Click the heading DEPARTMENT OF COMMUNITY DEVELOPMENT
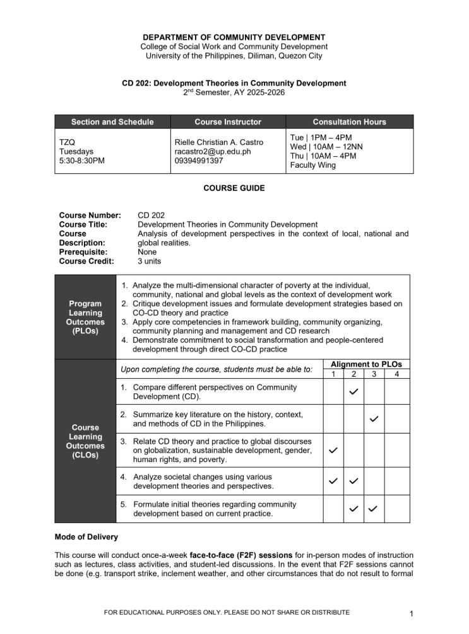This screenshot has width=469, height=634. pos(234,37)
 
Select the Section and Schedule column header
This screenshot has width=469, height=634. pos(112,122)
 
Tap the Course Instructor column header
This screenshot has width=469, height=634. pos(227,122)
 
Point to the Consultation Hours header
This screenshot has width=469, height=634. pos(349,122)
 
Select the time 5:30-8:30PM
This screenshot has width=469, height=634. pos(82,161)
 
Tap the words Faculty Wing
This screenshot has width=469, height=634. pos(313,166)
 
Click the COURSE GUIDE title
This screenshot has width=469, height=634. pos(234,188)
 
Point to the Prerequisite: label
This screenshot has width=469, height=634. pos(86,251)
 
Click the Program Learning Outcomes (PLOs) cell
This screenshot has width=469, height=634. pos(85,317)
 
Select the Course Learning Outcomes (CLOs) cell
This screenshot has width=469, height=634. pos(85,441)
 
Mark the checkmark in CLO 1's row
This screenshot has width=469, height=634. pos(354,392)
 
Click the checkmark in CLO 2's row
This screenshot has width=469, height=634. pos(374,418)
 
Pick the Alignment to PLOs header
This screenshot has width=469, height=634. pos(366,364)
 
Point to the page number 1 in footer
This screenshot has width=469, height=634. pos(410,613)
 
